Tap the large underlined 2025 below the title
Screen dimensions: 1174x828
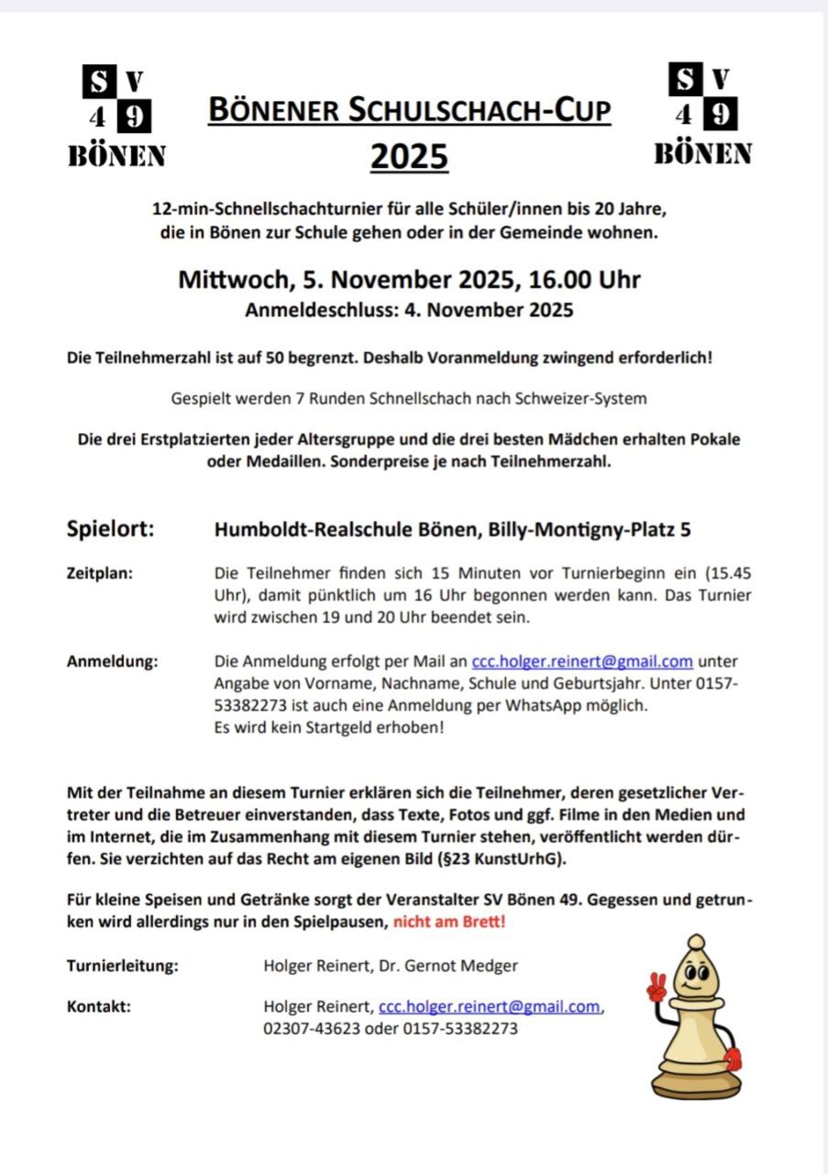pos(409,156)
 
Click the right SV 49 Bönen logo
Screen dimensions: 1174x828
pos(702,116)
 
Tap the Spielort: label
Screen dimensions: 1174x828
pos(110,529)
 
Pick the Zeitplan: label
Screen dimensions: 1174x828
pos(100,573)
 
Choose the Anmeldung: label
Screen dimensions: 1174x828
pos(112,661)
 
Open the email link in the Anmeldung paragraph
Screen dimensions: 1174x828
pos(581,661)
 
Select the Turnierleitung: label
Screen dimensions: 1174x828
pos(122,965)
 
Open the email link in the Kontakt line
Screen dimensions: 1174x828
pos(490,1006)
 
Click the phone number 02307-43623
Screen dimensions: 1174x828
pos(311,1028)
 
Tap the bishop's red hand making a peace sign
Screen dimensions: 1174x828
pos(656,988)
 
